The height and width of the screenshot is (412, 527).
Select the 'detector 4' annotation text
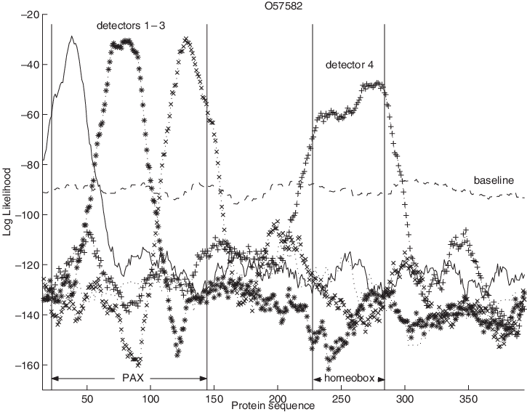tap(349, 65)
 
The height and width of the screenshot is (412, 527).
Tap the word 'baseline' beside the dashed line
tap(494, 179)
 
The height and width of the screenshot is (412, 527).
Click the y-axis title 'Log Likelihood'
tap(9, 206)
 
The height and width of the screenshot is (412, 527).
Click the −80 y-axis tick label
tap(31, 165)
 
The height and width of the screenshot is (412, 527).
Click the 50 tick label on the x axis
tap(87, 398)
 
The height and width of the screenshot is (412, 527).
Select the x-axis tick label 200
tap(277, 398)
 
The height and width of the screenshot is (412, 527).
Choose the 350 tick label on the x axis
tap(467, 398)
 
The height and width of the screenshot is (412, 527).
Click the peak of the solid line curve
tap(73, 36)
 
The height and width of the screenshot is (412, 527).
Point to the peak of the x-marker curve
tap(187, 38)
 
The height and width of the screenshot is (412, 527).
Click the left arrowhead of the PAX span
tap(55, 379)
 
